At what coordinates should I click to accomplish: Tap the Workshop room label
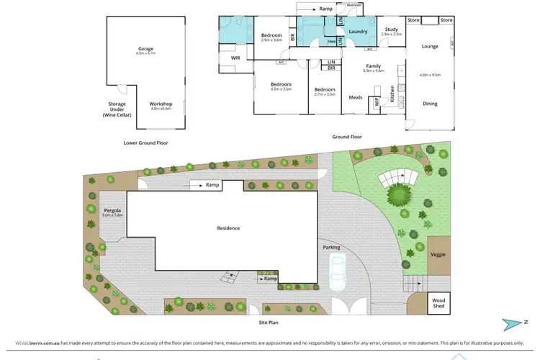tap(160, 104)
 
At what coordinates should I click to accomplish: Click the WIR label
tap(235, 58)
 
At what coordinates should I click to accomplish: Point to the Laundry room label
tap(358, 32)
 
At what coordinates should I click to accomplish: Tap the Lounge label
tap(430, 46)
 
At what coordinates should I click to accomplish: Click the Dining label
tap(430, 104)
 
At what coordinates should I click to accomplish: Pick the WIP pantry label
tap(377, 103)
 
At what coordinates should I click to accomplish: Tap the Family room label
tap(373, 66)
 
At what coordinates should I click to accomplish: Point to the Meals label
tap(356, 97)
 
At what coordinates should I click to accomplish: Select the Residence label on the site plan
tap(228, 228)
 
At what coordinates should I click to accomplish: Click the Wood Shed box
tap(438, 302)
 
